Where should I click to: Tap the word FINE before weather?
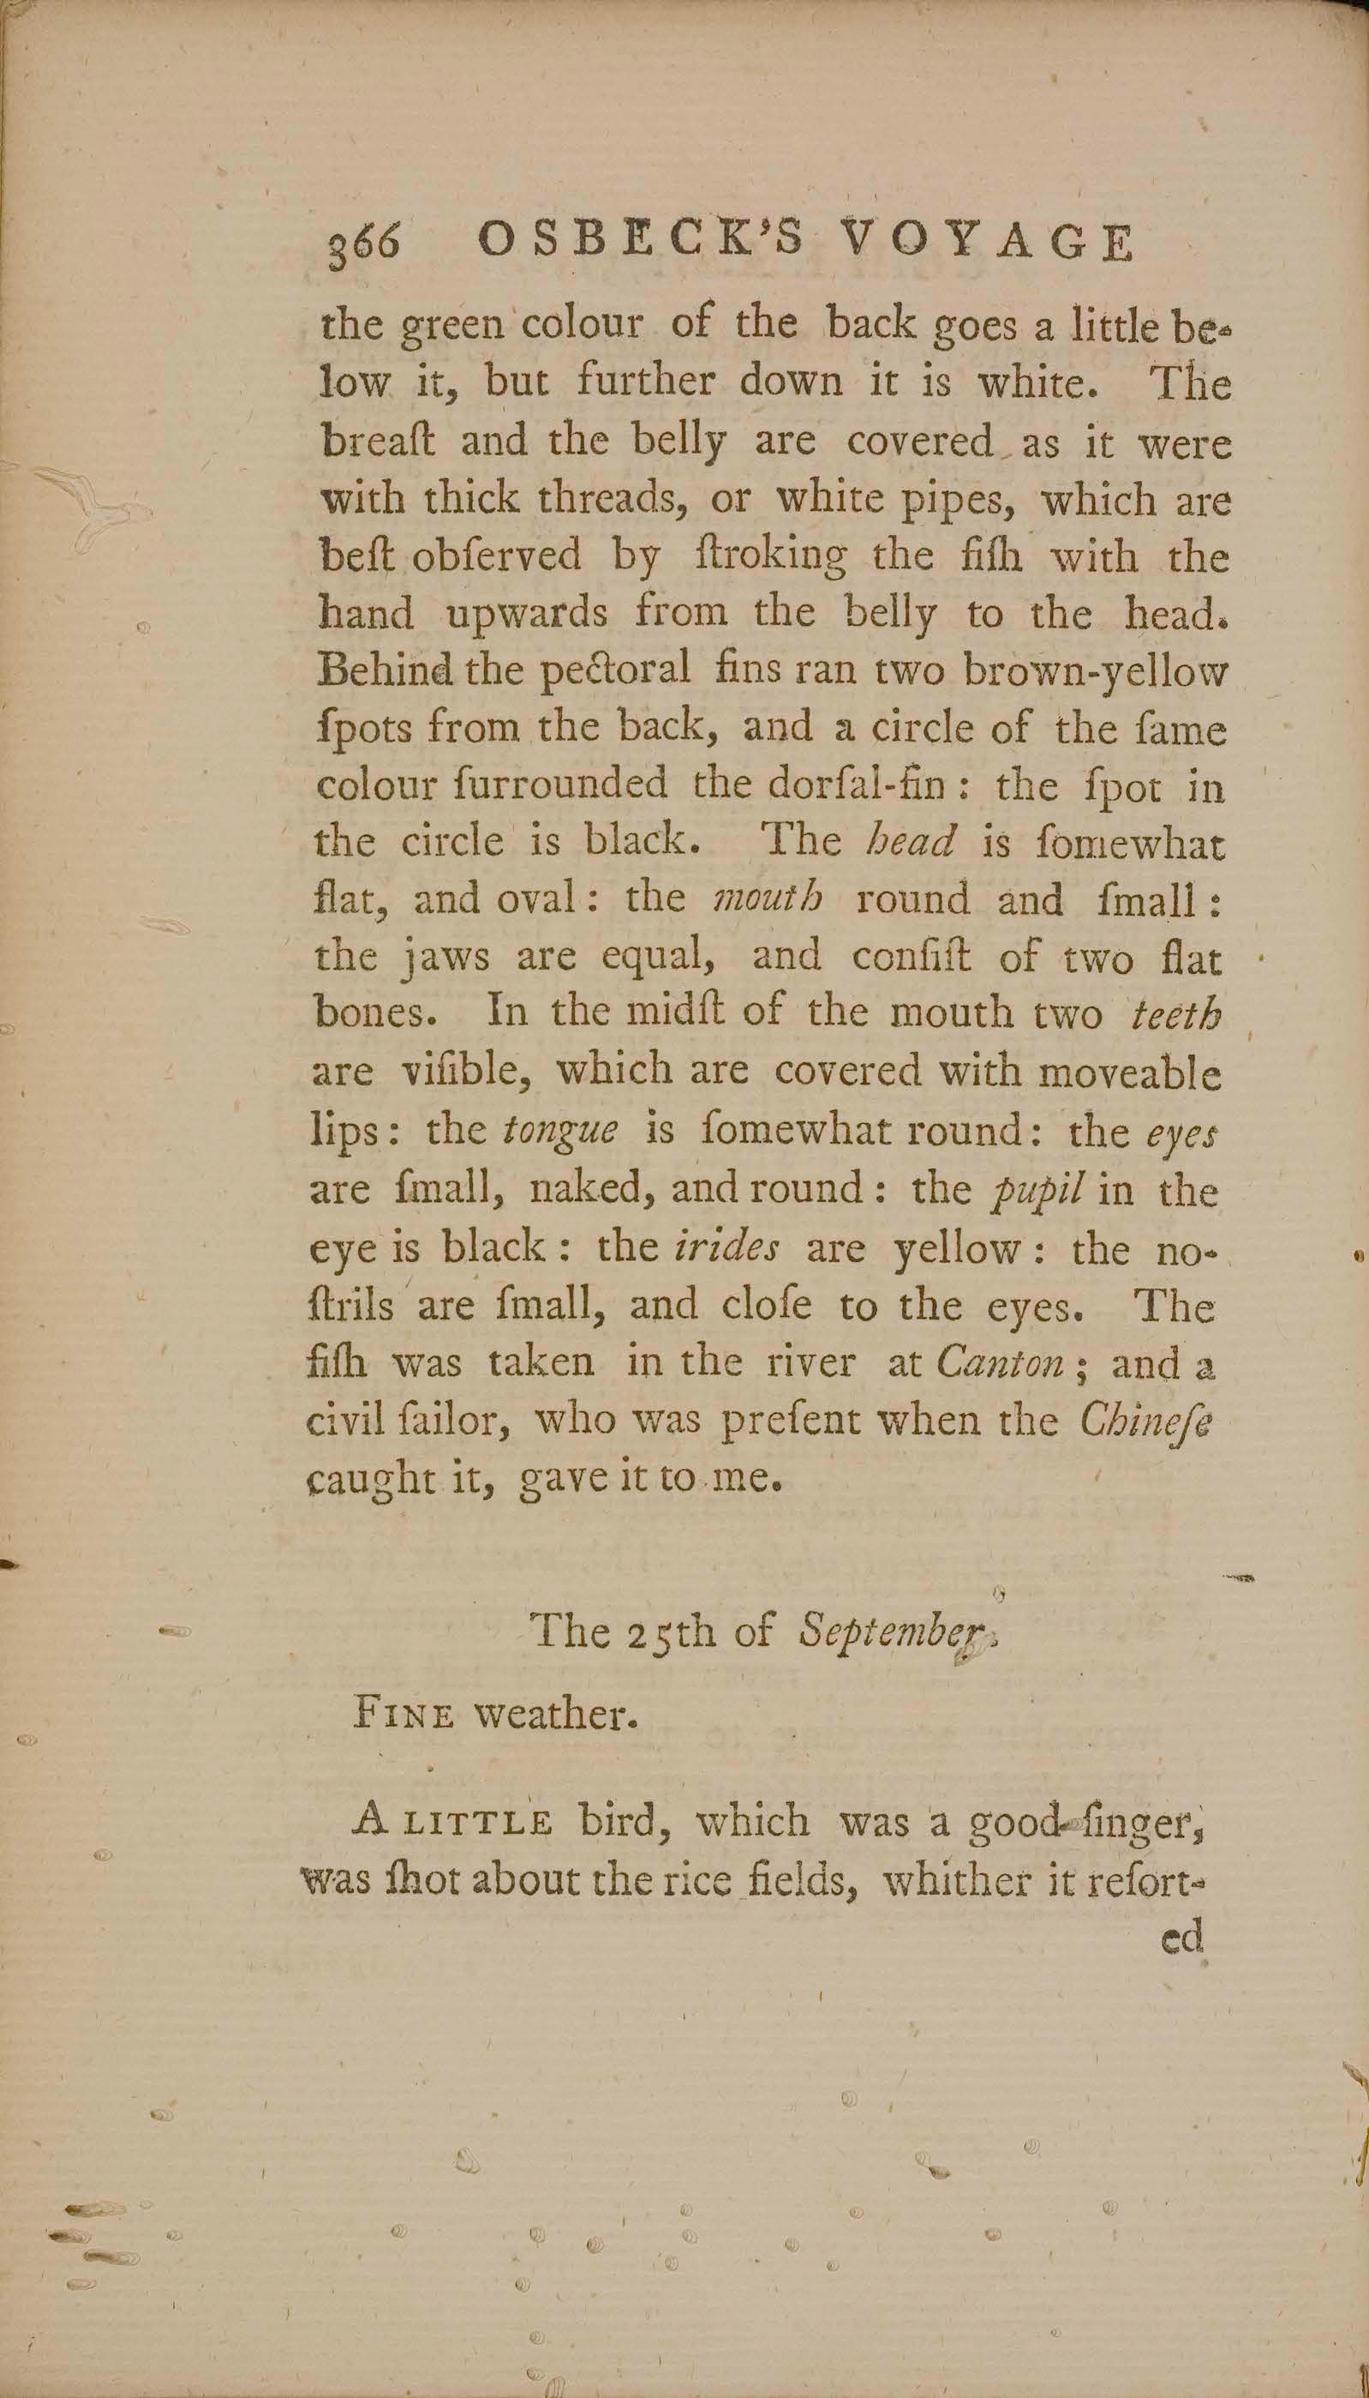click(x=404, y=1716)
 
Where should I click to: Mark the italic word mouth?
click(x=769, y=898)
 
